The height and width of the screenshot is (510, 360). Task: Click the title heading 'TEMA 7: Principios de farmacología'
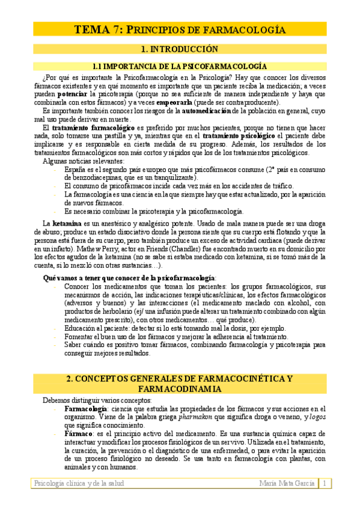click(x=179, y=29)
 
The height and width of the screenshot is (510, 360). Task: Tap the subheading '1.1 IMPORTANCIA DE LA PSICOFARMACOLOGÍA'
click(x=179, y=66)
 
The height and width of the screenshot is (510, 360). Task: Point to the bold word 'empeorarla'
click(x=177, y=102)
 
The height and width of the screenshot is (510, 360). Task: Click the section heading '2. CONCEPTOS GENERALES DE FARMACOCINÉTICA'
click(x=179, y=378)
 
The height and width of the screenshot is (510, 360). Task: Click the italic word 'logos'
click(x=317, y=417)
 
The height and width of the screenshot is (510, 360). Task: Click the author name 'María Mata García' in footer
click(x=287, y=484)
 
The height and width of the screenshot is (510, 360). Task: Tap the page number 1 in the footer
click(x=325, y=484)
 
